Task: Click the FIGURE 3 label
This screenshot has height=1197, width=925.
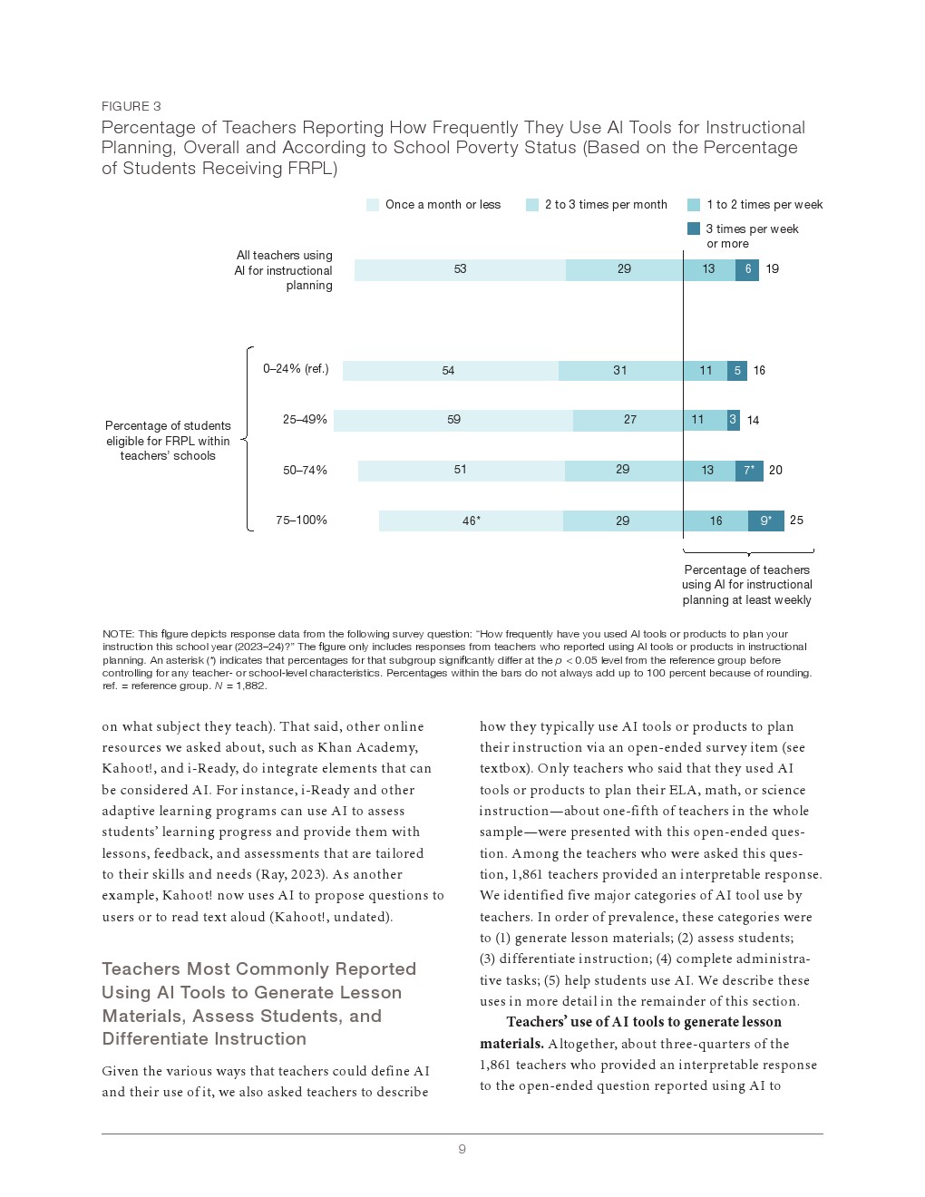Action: point(131,106)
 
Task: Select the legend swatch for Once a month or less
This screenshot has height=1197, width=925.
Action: point(372,205)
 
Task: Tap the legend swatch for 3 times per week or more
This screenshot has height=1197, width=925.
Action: point(694,229)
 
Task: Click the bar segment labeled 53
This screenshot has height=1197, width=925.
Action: point(460,269)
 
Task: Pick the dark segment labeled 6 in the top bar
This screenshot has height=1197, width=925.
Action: point(747,269)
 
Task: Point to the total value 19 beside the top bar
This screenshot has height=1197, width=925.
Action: point(772,269)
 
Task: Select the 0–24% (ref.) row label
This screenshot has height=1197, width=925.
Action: point(296,369)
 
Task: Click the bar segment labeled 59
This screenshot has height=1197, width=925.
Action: point(453,420)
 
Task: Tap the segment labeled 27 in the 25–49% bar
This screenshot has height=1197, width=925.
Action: point(628,420)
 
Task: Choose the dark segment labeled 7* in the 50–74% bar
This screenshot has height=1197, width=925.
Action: point(749,471)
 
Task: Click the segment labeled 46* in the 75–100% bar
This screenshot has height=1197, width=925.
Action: point(471,521)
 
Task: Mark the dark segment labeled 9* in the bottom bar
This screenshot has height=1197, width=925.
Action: point(766,521)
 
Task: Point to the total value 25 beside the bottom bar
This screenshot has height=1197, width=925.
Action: point(796,521)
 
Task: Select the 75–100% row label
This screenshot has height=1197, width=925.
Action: point(301,521)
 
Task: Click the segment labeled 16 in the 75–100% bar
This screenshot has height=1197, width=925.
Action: point(716,521)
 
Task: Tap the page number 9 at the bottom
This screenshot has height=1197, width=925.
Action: point(462,1149)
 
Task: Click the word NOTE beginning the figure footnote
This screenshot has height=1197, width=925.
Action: point(118,634)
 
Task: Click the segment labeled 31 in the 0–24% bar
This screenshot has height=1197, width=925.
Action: point(620,370)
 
